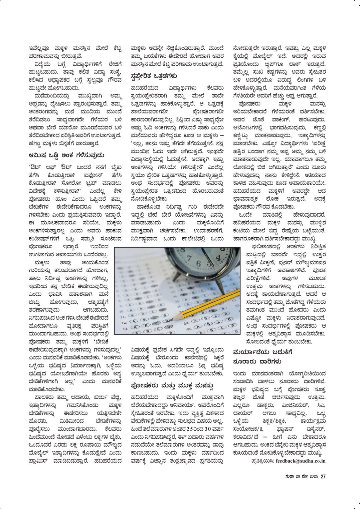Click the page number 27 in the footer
pos(323,477)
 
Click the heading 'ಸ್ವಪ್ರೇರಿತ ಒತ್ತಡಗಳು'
pos(154,76)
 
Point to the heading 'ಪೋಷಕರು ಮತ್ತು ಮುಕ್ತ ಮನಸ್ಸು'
pos(172,386)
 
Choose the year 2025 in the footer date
pos(314,477)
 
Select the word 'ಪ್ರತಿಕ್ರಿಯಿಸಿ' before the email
pos(262,461)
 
